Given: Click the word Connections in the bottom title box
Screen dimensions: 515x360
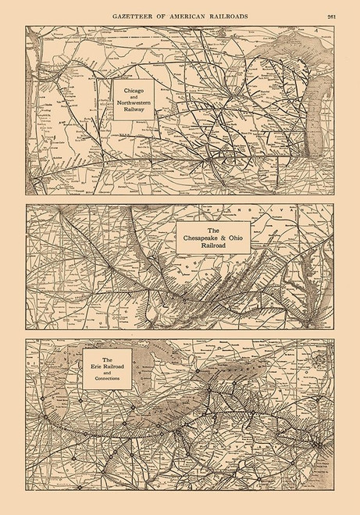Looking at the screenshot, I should click(x=107, y=379).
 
